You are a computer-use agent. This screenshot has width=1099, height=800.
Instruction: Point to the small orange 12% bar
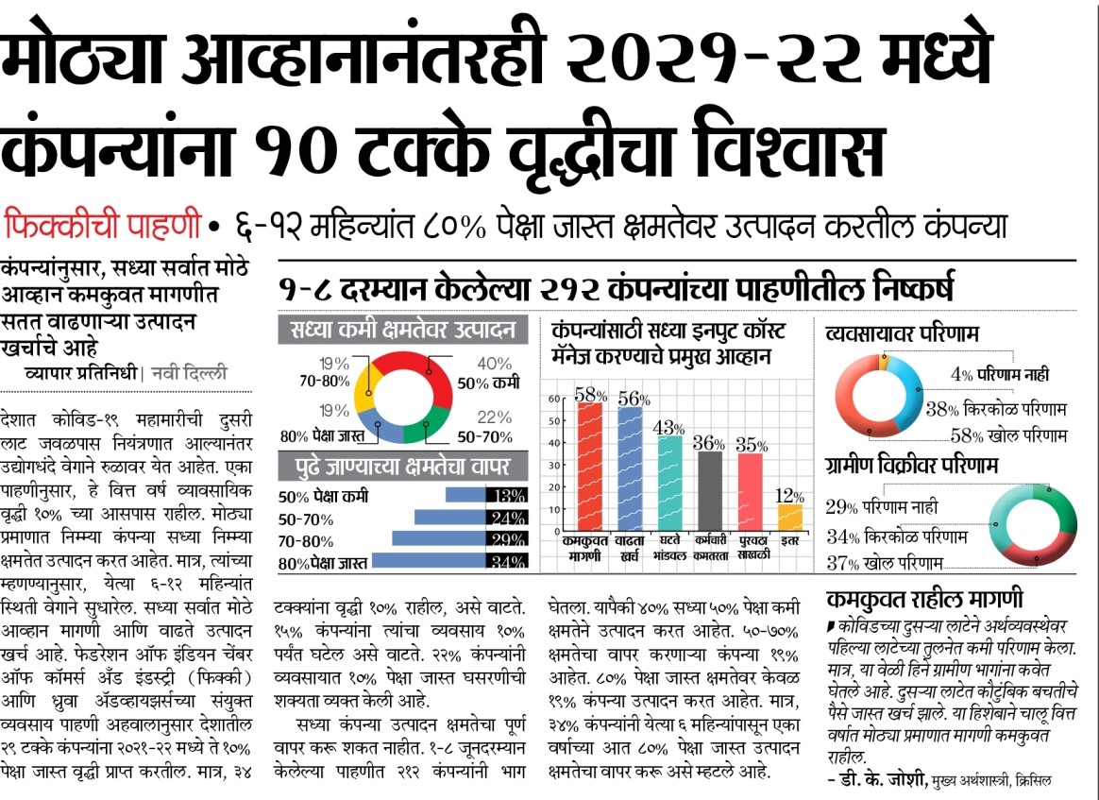tap(790, 517)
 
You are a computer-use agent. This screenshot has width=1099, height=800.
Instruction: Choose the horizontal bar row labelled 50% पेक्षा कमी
tap(464, 496)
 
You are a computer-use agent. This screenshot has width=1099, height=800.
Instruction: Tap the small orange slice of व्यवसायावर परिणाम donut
tap(884, 360)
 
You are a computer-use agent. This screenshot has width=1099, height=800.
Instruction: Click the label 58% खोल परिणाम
tap(1008, 435)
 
